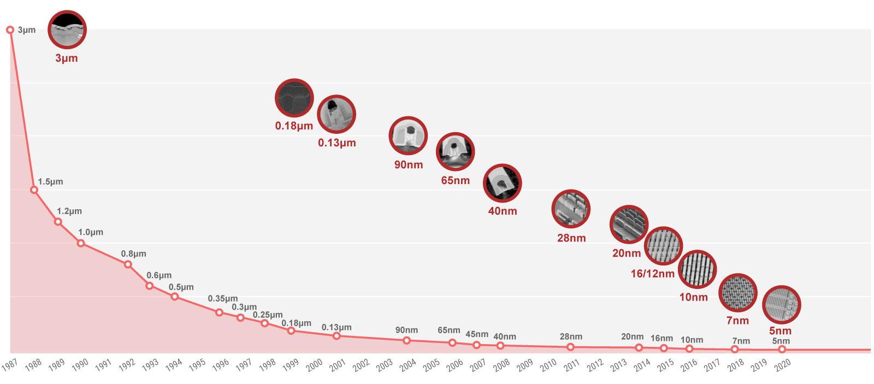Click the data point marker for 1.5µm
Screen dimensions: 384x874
(34, 190)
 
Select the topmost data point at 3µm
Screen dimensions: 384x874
(10, 29)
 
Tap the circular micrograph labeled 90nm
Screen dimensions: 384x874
(408, 135)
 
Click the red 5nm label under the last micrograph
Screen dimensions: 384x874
(780, 330)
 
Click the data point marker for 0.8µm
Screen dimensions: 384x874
(128, 264)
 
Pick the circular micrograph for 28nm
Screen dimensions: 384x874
(571, 209)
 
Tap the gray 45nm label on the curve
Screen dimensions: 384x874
(477, 334)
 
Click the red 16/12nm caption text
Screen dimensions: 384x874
(652, 274)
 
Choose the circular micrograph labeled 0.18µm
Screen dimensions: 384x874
(294, 98)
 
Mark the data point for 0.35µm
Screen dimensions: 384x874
(219, 312)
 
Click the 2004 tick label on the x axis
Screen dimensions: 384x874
(408, 365)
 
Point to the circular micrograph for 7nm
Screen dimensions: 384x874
(737, 293)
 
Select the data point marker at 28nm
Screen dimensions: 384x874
(570, 347)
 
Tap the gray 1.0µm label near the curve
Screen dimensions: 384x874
(90, 232)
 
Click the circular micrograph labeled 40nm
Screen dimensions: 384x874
(502, 183)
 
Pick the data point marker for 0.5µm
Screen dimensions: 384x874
(175, 297)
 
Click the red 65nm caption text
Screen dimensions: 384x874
(455, 180)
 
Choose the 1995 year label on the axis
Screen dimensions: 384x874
(197, 365)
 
